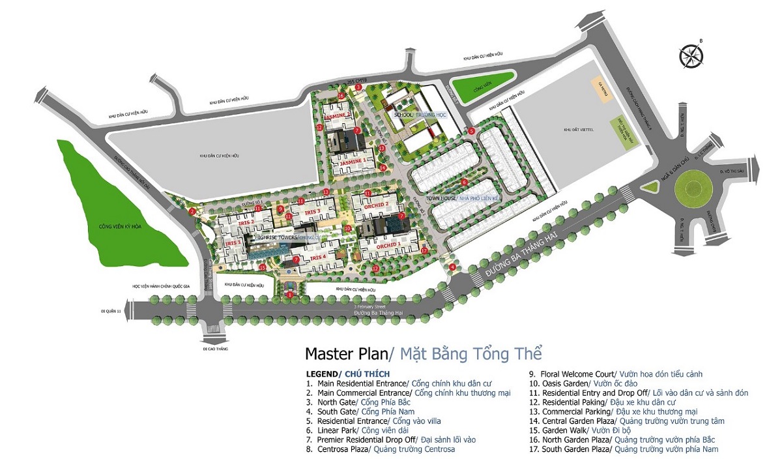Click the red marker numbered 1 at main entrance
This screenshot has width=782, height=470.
(x=289, y=294)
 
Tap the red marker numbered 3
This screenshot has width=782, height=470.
(x=358, y=87)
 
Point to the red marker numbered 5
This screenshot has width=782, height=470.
(x=471, y=131)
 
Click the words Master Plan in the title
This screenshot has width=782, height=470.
(x=345, y=354)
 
